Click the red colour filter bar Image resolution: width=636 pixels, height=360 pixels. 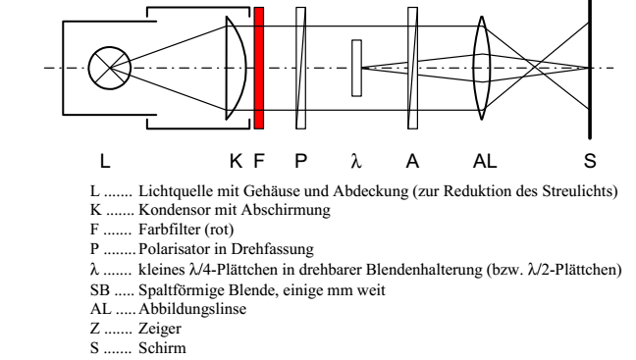point(259,68)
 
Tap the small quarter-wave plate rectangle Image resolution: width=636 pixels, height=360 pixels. point(356,68)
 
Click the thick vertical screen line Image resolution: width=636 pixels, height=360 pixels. point(590,70)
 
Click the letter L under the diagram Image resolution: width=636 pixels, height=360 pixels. point(105,161)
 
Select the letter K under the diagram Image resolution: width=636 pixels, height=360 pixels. point(237,161)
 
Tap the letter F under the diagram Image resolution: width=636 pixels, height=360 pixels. point(259,161)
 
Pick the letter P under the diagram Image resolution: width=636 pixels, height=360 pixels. point(300,161)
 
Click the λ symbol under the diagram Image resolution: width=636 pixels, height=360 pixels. point(356,161)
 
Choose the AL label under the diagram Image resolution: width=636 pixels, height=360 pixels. point(485,161)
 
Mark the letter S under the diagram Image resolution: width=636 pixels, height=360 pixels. point(590,161)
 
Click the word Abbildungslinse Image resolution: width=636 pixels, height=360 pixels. point(192,309)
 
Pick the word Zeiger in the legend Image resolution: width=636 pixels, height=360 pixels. point(160,329)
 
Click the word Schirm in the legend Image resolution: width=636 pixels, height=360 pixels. point(162,348)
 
